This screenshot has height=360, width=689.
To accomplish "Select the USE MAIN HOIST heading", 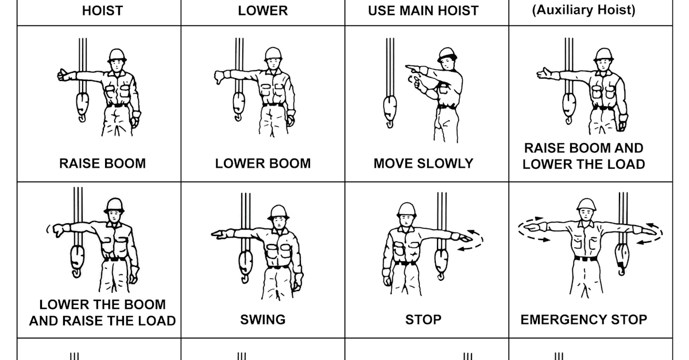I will coord(423,11).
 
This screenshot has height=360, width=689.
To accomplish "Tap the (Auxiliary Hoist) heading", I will coord(584,10).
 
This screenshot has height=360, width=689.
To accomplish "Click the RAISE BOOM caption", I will coord(102,163).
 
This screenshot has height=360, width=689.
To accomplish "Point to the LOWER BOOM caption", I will coord(263,163).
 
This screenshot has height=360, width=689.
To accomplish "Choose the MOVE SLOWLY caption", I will coord(423,163).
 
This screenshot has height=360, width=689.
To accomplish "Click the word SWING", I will coord(263,319).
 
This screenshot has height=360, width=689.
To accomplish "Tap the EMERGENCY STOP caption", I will coord(584,319).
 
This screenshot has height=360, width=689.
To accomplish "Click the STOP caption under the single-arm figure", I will coord(423,319).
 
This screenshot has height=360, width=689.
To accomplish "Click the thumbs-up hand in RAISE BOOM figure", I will coord(64,75).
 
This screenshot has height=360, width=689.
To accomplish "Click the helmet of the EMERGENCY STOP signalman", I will coord(586,205).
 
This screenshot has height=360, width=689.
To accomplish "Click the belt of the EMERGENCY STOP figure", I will coord(586,259).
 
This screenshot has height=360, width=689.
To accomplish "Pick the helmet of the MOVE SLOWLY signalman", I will coord(447,55).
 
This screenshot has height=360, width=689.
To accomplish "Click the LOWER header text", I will coord(263,11).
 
